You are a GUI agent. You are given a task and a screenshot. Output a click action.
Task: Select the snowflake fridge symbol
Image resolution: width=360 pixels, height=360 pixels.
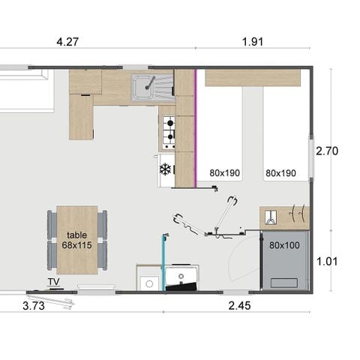click(165, 169)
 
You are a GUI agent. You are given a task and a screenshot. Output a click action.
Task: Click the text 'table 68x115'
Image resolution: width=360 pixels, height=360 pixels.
click(76, 240)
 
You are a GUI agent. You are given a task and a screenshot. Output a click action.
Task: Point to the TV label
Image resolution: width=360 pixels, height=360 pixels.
click(53, 282)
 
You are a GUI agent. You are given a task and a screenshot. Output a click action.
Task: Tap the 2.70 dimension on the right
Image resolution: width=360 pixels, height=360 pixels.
click(327, 151)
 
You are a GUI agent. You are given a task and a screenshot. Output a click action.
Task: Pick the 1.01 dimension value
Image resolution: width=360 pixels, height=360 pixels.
click(327, 262)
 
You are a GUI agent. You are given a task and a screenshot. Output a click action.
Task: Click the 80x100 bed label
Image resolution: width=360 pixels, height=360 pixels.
click(283, 244)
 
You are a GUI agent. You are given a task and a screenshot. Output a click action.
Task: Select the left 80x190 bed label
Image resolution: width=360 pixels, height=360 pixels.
click(224, 173)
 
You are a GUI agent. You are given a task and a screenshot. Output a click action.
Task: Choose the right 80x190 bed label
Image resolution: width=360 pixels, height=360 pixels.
click(280, 173)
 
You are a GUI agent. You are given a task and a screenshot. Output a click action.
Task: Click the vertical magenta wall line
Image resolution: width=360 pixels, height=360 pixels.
click(196, 120)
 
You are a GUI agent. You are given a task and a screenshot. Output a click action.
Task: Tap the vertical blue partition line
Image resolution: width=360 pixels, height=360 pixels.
click(163, 259)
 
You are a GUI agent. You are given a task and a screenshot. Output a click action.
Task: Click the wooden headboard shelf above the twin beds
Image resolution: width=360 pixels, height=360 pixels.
click(252, 77)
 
